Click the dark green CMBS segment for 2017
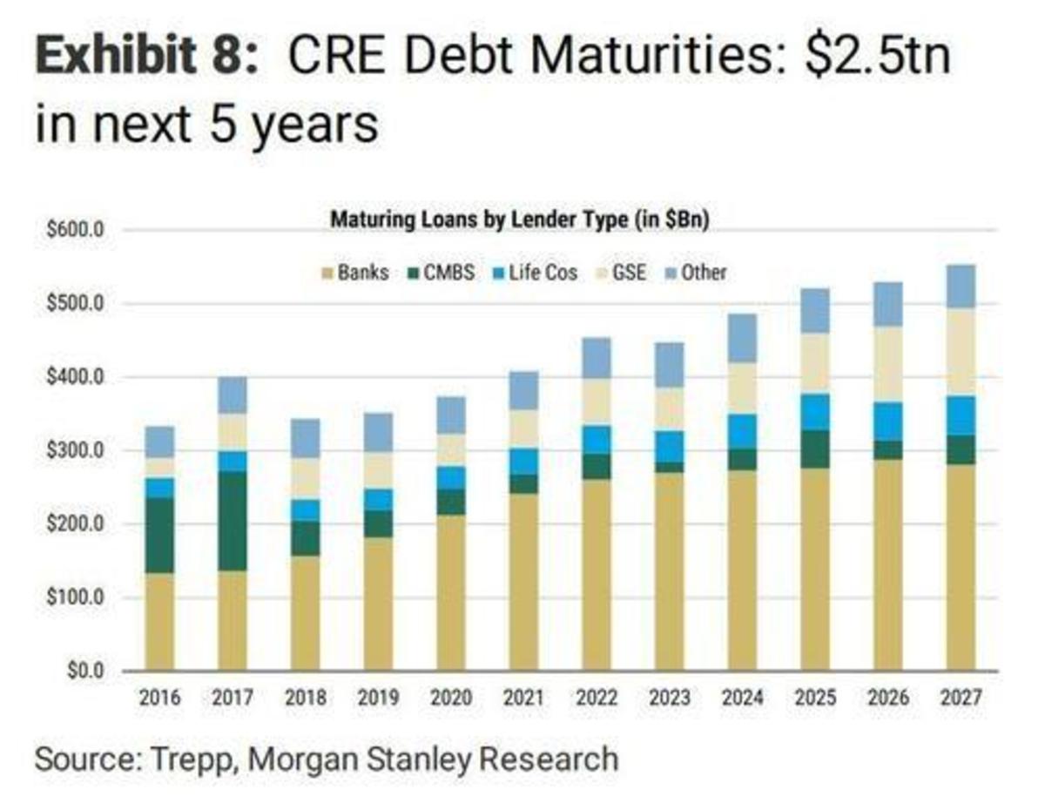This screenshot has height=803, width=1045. pos(233,521)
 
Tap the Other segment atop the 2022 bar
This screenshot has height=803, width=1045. pos(597,358)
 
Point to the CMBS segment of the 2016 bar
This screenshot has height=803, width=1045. pos(159,535)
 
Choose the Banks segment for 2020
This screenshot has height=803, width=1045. pos(451,592)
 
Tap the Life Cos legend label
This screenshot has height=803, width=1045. pos(544,273)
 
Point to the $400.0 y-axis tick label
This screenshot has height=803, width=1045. pos(82,378)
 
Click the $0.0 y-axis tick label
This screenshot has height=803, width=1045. pos(87,671)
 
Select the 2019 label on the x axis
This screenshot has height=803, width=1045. pos(378,698)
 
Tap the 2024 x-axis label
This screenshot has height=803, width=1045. pos(743,698)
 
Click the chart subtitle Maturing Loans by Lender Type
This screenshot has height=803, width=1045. pos(519,221)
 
